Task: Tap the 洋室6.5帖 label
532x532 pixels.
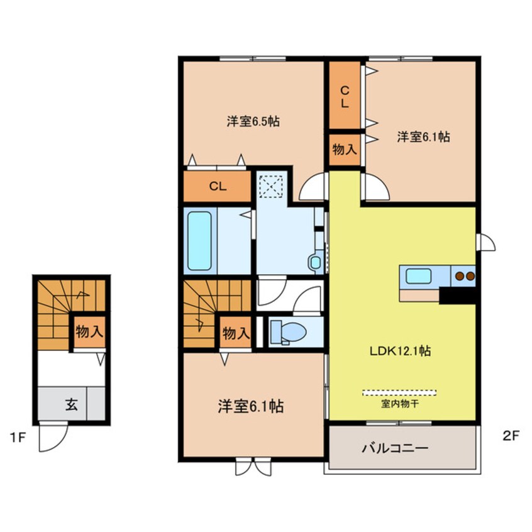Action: [x=253, y=122]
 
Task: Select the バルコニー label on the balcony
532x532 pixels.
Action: [x=394, y=449]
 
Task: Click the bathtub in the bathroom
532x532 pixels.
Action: [x=199, y=240]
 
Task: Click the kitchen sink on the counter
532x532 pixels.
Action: [x=418, y=275]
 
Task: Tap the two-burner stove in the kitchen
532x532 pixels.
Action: [x=463, y=275]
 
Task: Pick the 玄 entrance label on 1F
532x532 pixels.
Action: [x=70, y=404]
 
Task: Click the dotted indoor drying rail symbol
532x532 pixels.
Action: [x=399, y=392]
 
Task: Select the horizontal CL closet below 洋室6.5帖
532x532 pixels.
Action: [x=218, y=186]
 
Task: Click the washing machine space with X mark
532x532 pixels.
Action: [x=272, y=186]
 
